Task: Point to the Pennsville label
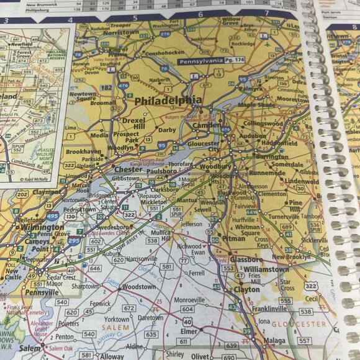click(43, 292)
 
